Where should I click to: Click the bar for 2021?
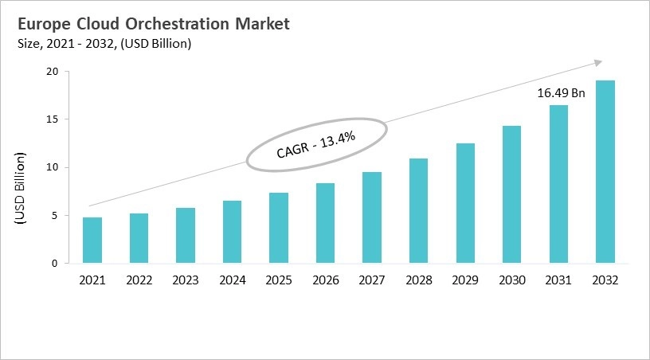coord(92,240)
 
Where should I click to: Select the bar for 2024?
coord(232,232)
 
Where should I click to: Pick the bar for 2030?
coord(511,194)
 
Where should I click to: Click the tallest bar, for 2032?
coord(605,171)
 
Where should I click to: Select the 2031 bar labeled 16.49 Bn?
coord(558,184)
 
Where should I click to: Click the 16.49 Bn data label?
coord(561,93)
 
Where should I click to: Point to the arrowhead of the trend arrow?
coord(597,62)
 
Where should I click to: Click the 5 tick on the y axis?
coord(55,215)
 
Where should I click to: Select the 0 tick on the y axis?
coord(55,263)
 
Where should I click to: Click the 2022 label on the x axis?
coord(139,280)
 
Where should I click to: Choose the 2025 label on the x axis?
coord(278,280)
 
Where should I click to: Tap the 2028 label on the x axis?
coord(418,280)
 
